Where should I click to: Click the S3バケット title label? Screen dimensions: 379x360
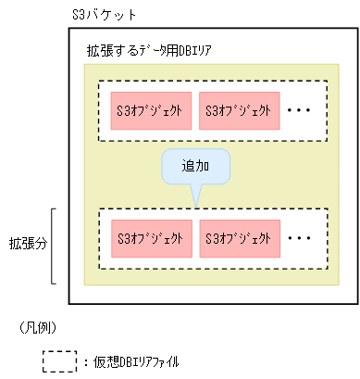[103, 16]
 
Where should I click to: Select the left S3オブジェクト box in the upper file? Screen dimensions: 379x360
[150, 111]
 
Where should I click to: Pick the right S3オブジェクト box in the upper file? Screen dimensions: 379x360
[236, 111]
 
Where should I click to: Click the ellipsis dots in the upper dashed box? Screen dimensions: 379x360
[301, 111]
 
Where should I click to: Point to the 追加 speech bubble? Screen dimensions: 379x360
[194, 167]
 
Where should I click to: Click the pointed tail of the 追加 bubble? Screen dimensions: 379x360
[195, 197]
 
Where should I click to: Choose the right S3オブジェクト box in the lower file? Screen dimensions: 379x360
[236, 238]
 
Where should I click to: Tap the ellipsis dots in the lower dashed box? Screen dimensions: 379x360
[301, 238]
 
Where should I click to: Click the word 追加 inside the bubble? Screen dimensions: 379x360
[194, 167]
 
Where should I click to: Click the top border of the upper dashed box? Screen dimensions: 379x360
[213, 82]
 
